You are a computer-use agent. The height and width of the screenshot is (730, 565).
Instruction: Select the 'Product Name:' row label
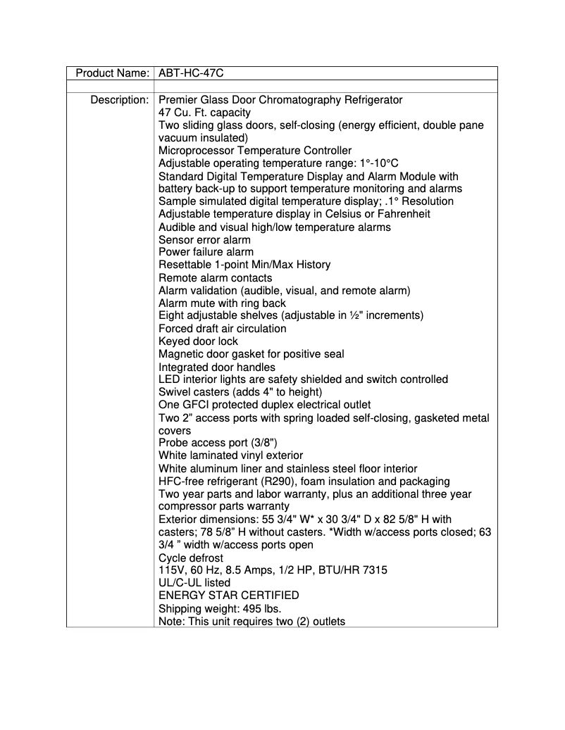click(112, 73)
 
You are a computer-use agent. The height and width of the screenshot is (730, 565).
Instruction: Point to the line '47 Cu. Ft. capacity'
click(204, 113)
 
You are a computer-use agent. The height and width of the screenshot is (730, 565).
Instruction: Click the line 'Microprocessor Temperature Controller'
click(255, 151)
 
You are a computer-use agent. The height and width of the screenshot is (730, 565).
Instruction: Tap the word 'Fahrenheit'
click(403, 214)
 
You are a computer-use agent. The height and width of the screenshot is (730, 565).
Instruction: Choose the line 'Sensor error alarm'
click(204, 239)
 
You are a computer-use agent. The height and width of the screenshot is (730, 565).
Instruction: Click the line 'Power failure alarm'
click(206, 252)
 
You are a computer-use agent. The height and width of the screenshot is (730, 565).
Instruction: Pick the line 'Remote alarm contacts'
click(215, 278)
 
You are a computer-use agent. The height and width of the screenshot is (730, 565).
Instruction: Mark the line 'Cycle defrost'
click(191, 558)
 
